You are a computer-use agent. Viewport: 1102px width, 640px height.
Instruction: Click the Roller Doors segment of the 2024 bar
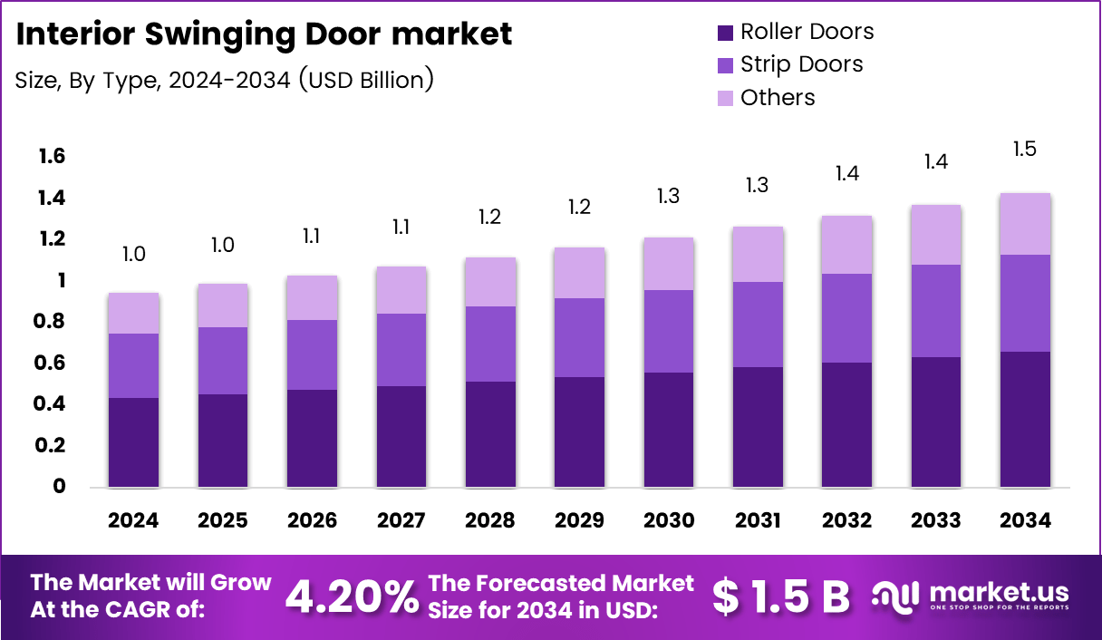tap(133, 441)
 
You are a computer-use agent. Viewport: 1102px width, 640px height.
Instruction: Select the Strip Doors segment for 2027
tap(401, 350)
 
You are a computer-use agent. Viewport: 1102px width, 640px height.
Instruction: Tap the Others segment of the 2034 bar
tap(1024, 224)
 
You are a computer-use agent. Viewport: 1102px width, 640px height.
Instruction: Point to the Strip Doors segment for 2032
tap(847, 318)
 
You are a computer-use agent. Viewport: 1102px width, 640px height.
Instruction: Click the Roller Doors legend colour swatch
tap(725, 33)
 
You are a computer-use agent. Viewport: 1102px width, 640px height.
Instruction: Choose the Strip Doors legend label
tap(801, 64)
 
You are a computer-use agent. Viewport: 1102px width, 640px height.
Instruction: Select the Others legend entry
tap(778, 98)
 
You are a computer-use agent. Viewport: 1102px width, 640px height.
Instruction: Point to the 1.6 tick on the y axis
tap(52, 157)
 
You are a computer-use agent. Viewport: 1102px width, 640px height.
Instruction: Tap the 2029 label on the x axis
tap(579, 520)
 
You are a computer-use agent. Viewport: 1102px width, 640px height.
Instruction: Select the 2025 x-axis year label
tap(222, 520)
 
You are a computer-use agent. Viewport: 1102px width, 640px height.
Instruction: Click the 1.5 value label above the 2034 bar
tap(1024, 150)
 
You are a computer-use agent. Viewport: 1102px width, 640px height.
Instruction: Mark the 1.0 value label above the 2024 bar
tap(133, 254)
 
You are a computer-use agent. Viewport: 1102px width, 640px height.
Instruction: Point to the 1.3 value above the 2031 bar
tap(758, 185)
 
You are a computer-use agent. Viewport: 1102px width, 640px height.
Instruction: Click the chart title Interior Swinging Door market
tap(265, 34)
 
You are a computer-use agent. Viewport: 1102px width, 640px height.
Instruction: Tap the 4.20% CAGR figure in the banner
tap(352, 596)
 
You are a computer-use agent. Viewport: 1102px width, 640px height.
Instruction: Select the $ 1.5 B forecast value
tap(781, 596)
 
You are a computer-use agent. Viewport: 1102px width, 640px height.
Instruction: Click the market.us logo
tap(970, 596)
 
